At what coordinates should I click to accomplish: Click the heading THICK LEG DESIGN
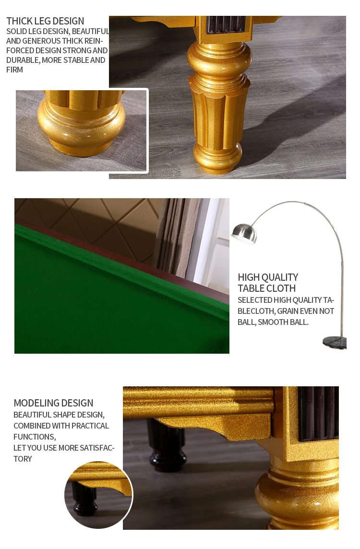point(45,21)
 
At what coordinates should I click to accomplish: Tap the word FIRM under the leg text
point(15,70)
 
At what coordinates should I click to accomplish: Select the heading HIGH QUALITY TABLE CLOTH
point(268,283)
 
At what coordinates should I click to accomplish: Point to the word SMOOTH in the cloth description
point(275,322)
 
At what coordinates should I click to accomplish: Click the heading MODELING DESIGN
point(53,403)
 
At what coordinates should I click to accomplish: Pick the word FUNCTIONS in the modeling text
point(34,437)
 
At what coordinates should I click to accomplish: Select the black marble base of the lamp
point(335,342)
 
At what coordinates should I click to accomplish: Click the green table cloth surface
point(96,307)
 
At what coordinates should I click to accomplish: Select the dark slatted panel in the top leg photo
point(225,24)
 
